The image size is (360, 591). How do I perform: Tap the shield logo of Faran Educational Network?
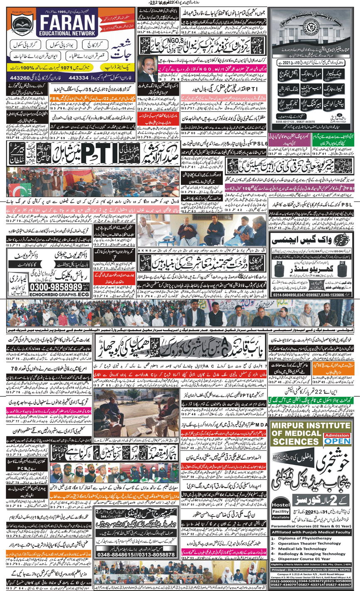[x=21, y=25]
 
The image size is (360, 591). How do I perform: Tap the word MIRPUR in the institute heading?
[x=293, y=425]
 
